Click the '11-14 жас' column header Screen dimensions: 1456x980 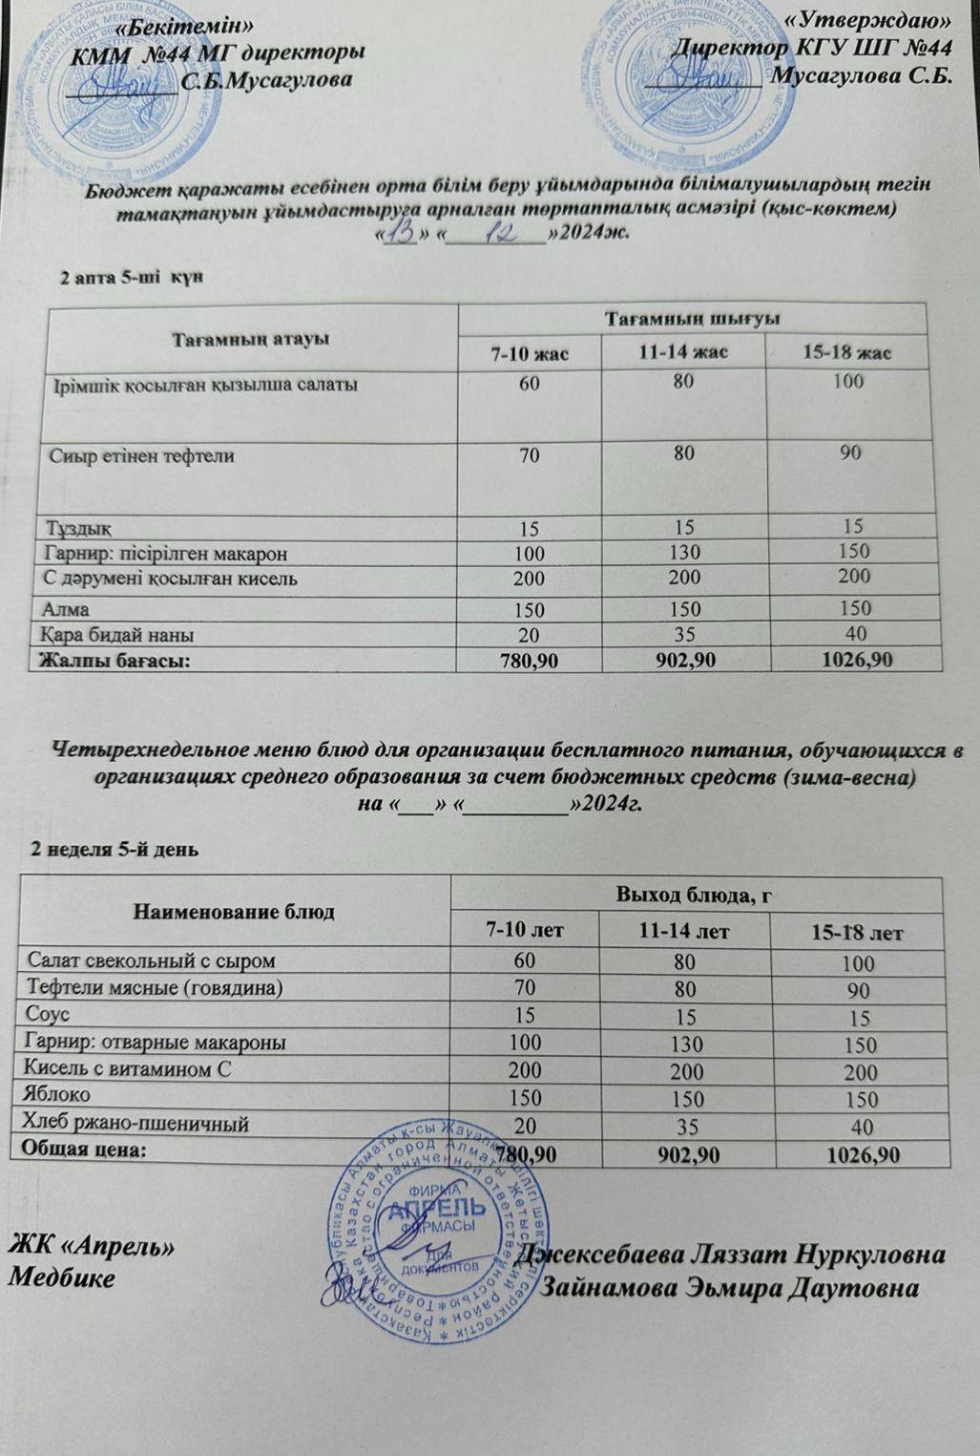pos(683,352)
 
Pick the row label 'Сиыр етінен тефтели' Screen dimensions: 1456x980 pos(142,455)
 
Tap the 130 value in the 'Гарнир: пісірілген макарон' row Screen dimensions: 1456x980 pos(684,552)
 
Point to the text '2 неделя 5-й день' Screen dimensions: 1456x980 pos(115,848)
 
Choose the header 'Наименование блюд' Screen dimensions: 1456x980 pos(234,912)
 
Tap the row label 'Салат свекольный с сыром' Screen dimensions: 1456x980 pos(151,960)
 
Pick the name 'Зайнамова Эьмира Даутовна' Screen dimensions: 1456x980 pos(730,1288)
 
